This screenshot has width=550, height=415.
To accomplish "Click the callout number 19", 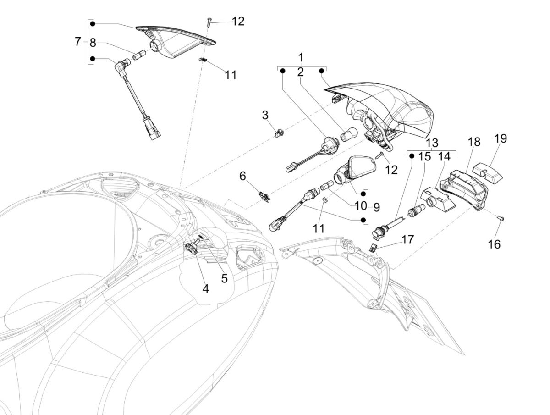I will click(x=500, y=138).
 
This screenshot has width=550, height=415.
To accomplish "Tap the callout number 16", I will click(x=494, y=244).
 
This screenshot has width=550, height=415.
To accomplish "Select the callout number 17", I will click(x=407, y=239).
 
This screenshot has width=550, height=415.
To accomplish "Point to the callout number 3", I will click(x=265, y=115).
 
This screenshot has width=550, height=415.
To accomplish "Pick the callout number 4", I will click(x=205, y=288).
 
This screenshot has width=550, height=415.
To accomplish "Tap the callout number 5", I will click(x=224, y=278).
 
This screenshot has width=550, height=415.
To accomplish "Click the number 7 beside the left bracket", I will click(x=77, y=42).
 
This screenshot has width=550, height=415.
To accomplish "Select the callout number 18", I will click(x=474, y=142).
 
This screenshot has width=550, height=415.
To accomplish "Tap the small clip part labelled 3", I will click(x=279, y=133).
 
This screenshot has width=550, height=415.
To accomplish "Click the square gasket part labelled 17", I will click(x=374, y=248).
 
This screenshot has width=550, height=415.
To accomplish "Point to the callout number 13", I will click(x=431, y=143).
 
